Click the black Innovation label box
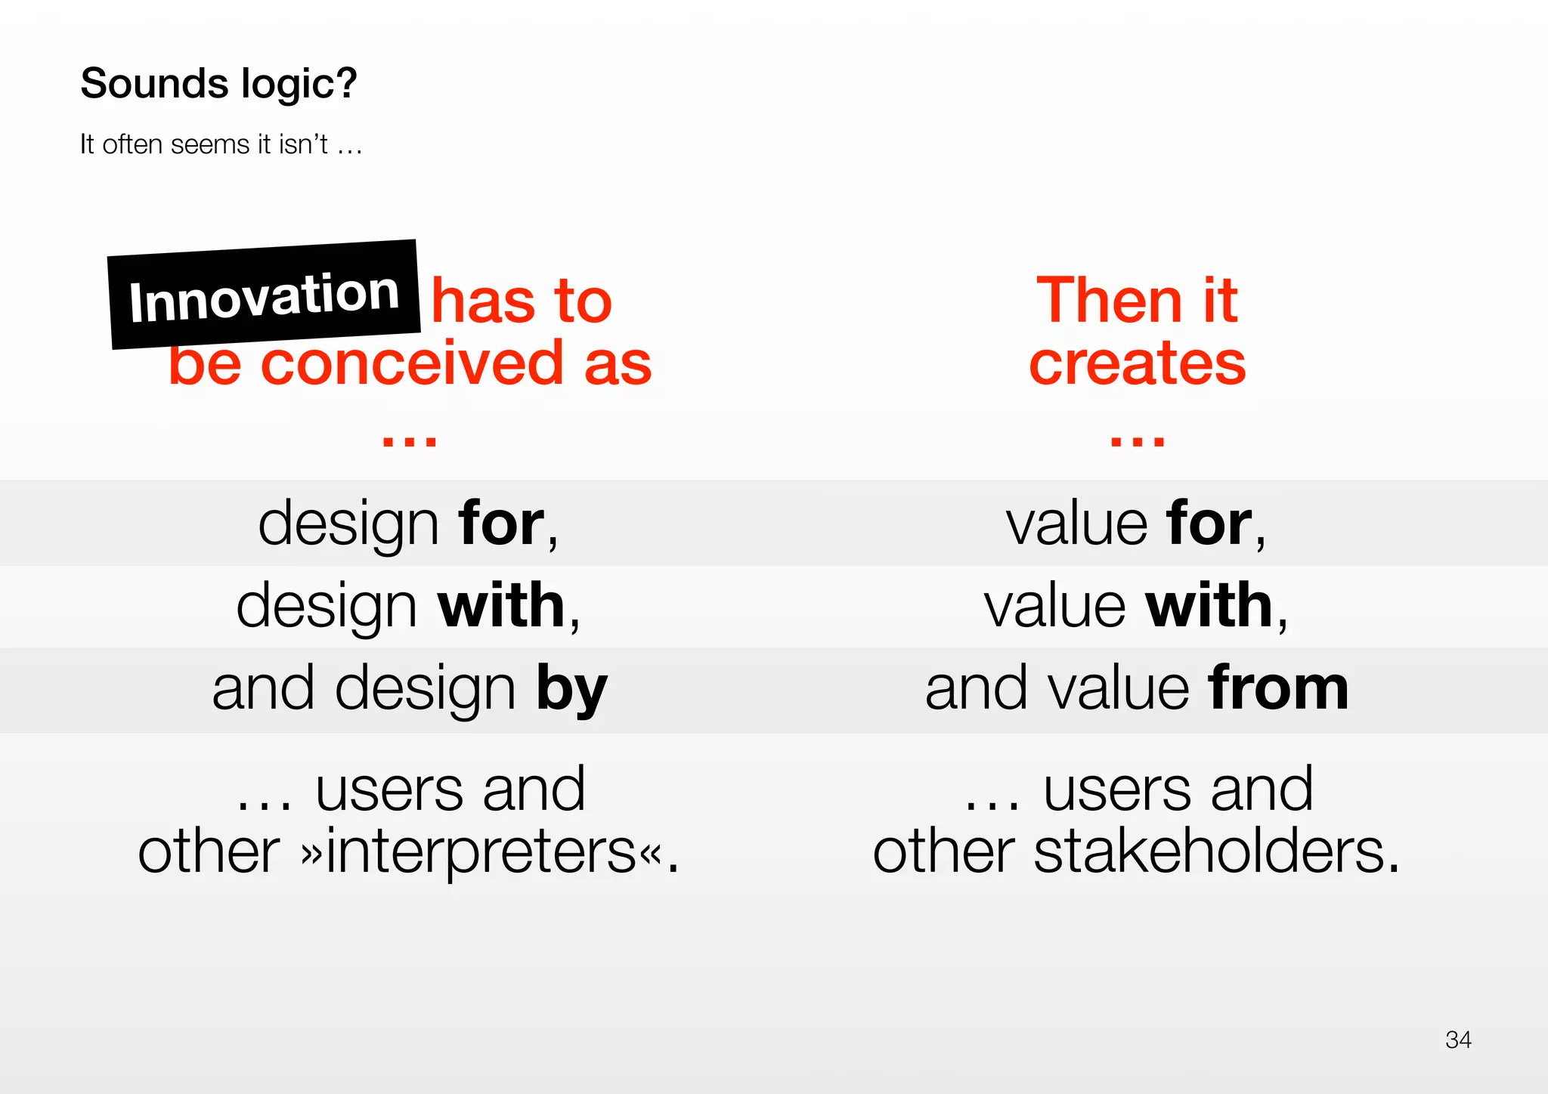pos(264,295)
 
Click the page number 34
pos(1457,1040)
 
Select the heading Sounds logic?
pos(218,83)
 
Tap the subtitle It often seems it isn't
pos(221,144)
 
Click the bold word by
pos(571,689)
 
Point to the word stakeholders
pos(1215,851)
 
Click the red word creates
pos(1137,363)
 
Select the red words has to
pos(522,301)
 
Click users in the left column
pos(393,790)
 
